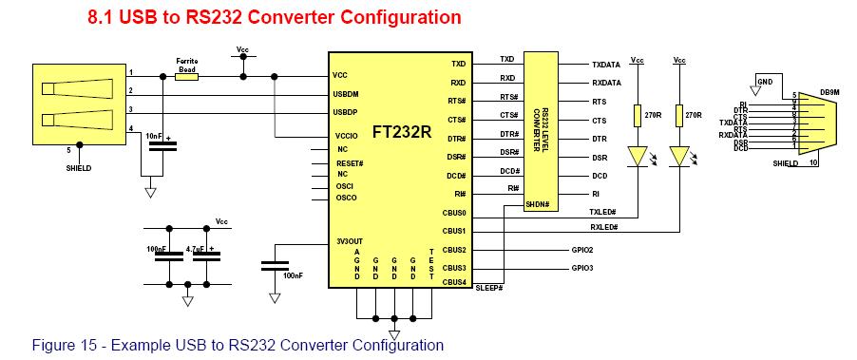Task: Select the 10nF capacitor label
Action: point(153,136)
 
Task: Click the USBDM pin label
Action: point(347,93)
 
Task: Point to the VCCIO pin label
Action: point(345,136)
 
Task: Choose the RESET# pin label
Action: point(351,162)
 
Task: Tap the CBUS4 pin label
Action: point(454,281)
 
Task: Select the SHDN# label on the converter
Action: point(538,204)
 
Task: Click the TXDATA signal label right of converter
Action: point(605,66)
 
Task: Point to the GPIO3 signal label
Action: point(582,268)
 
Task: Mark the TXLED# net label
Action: point(603,211)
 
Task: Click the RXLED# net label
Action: point(603,228)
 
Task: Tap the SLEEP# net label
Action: point(488,287)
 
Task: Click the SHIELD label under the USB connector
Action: point(80,168)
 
